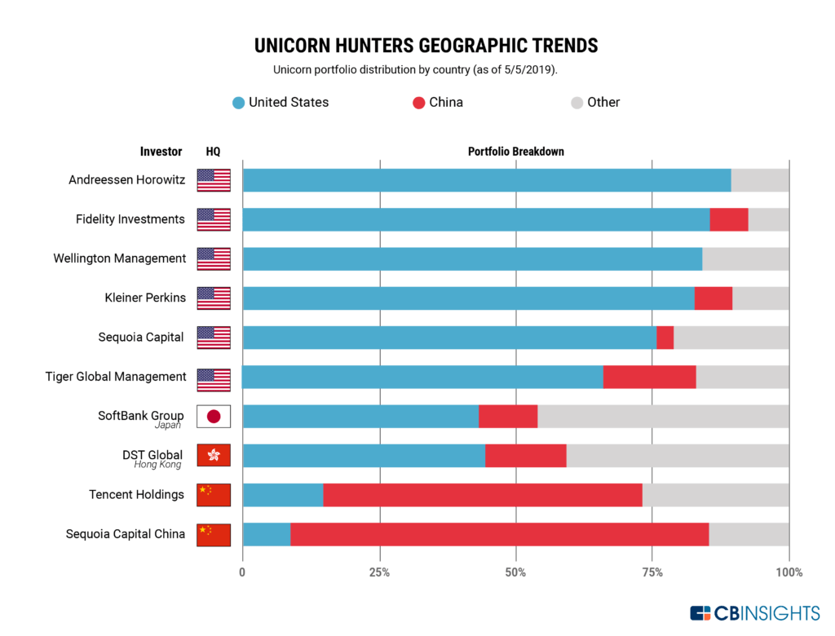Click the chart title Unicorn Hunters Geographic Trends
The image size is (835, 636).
tap(426, 44)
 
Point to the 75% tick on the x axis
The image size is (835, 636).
tap(652, 572)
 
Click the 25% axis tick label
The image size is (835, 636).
tap(379, 572)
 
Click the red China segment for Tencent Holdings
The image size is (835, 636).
tap(482, 495)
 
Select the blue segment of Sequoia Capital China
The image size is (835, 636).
tap(266, 534)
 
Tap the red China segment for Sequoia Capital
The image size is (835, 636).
tap(665, 338)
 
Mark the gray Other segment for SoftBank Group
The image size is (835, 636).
tap(663, 416)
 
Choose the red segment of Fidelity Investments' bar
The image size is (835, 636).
tap(728, 219)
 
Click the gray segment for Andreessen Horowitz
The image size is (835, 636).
tap(760, 180)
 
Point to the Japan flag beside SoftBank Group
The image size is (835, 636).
tap(214, 416)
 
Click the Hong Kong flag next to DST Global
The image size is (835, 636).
tap(214, 455)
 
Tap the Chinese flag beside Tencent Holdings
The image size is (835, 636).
tap(214, 495)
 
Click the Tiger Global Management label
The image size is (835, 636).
tap(116, 376)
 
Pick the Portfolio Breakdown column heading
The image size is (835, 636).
tap(515, 152)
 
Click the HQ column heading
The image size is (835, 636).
tap(213, 152)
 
